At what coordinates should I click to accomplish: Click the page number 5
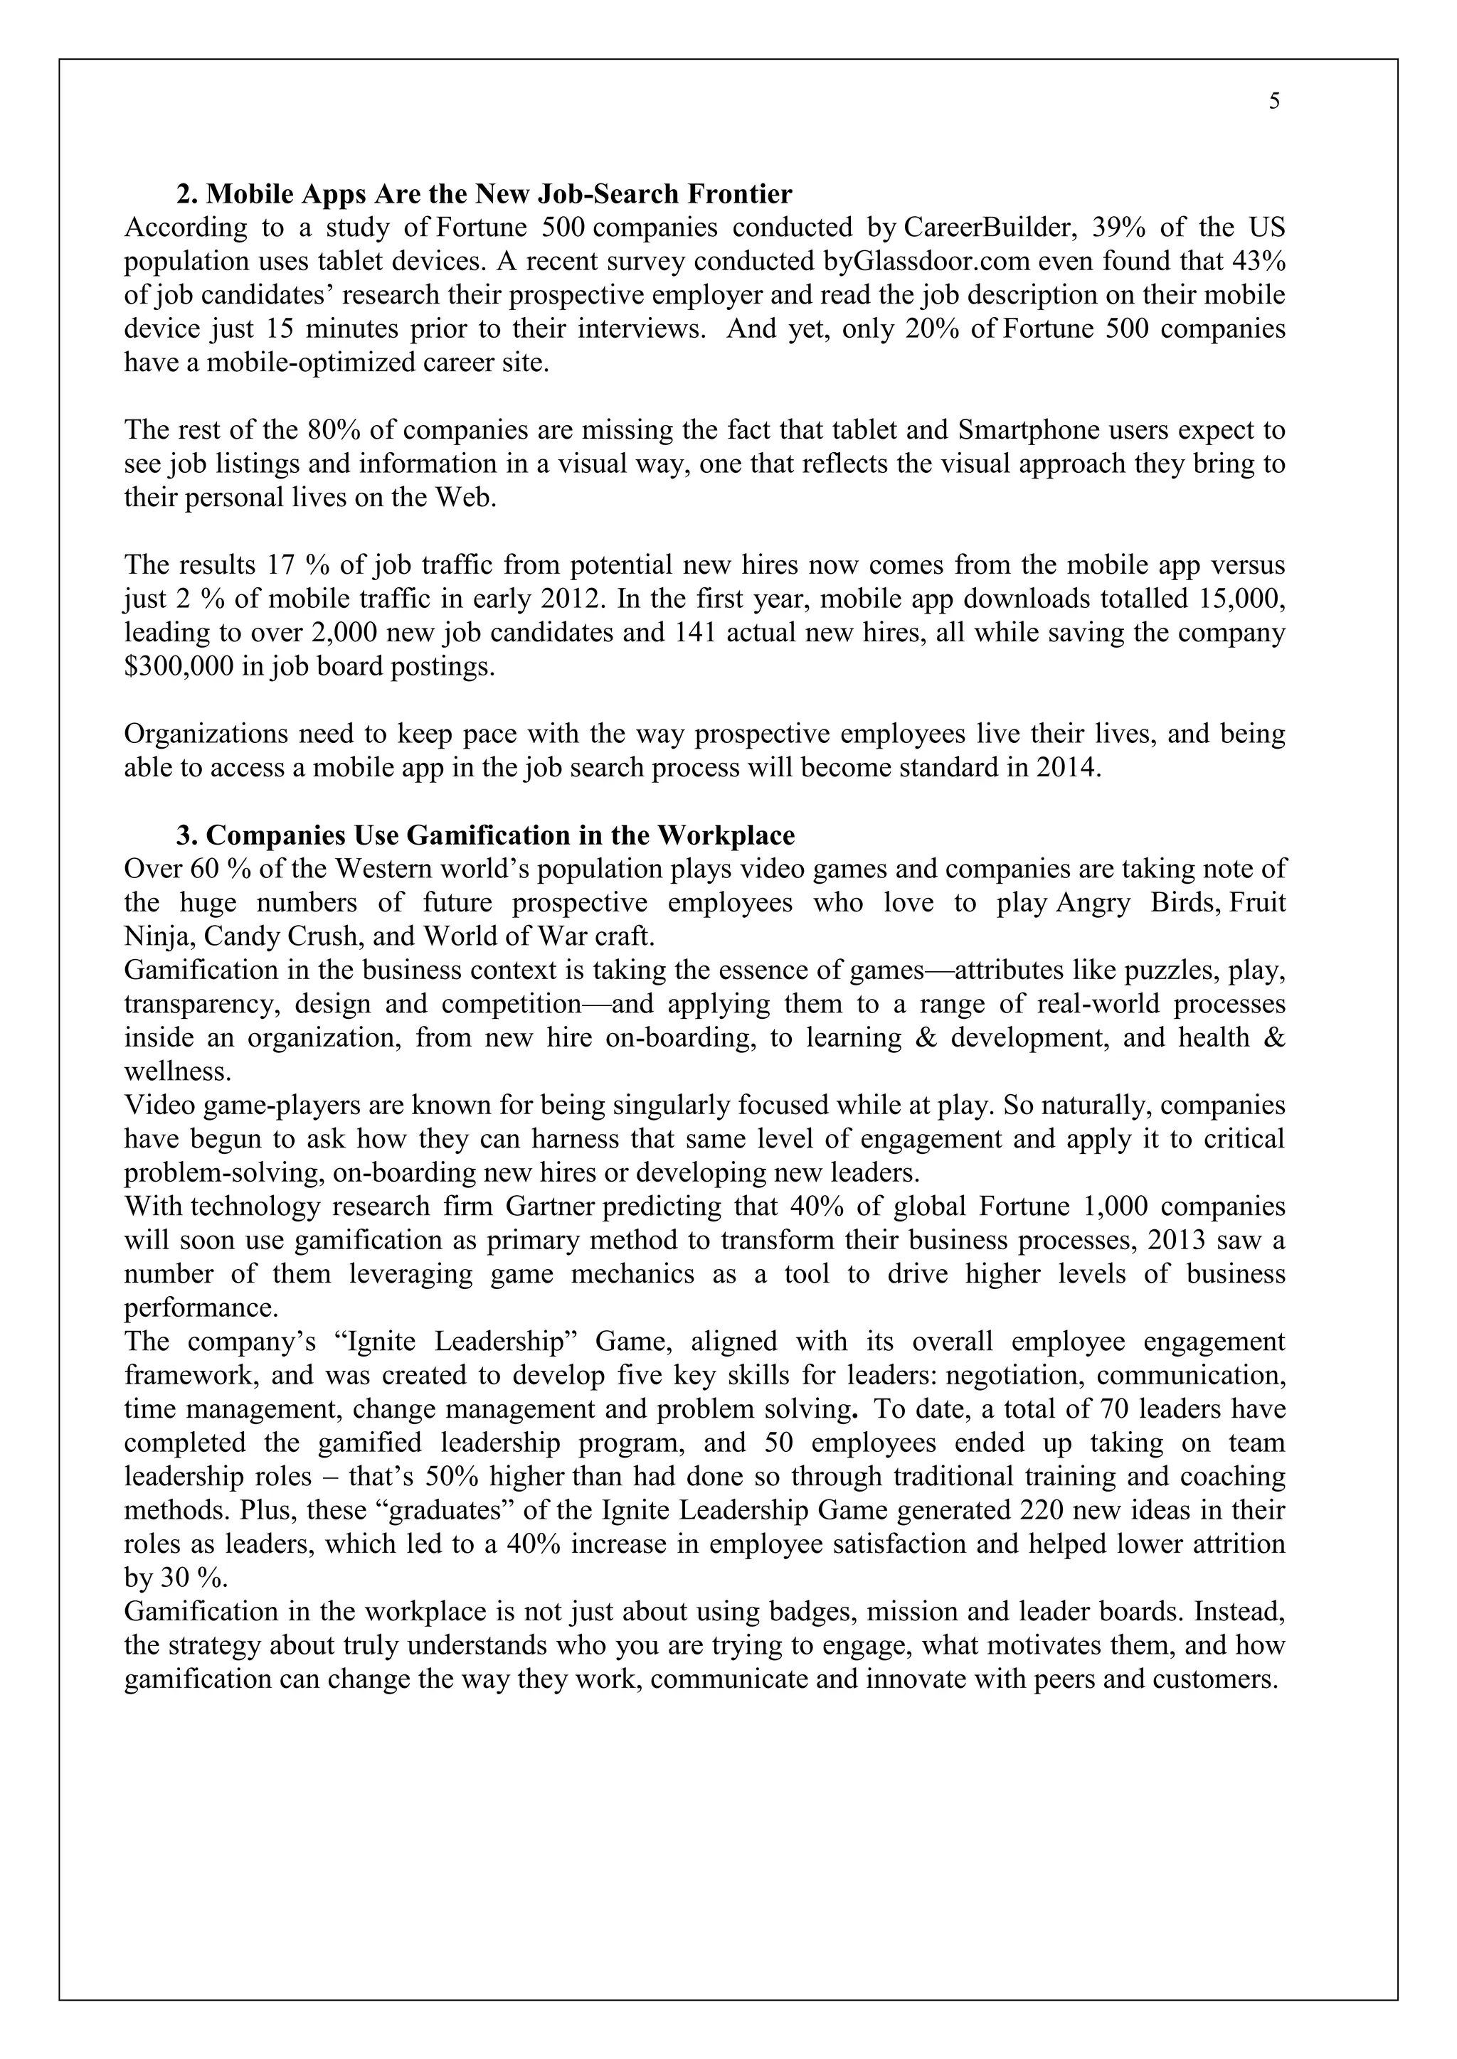pos(1274,102)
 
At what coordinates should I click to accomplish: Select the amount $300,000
pos(179,667)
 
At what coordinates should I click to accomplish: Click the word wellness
pos(176,1071)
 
